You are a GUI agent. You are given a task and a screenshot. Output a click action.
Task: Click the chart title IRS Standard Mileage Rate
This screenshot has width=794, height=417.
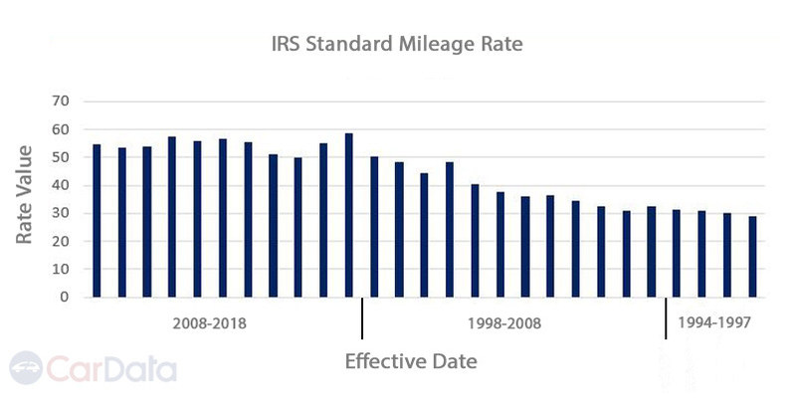[396, 44]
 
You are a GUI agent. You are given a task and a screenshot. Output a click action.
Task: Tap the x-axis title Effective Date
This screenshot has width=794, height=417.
[411, 361]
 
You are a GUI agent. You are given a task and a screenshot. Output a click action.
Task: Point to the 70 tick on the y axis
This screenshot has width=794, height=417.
[63, 102]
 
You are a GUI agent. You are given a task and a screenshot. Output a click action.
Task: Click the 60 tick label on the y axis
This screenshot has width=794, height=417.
[63, 129]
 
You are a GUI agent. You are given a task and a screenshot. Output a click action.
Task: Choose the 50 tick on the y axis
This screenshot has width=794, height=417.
[63, 157]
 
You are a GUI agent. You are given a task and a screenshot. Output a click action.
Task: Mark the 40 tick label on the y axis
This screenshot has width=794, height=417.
[63, 185]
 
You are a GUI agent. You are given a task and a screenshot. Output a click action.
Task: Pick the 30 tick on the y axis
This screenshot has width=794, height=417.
[63, 213]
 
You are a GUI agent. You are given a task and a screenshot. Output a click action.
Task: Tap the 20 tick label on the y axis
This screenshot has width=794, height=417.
[63, 241]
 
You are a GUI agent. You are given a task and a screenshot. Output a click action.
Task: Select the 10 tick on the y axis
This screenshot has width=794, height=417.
[63, 269]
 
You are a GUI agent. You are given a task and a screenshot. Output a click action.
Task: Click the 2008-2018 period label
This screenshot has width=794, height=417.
[209, 323]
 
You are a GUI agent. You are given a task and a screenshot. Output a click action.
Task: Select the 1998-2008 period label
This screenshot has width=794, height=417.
[504, 323]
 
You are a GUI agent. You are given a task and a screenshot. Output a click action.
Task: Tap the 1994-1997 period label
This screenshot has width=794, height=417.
[713, 323]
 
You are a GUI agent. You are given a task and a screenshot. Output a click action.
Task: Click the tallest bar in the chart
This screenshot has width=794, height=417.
[348, 215]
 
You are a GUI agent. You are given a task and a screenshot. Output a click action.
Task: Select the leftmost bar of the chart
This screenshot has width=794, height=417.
[97, 220]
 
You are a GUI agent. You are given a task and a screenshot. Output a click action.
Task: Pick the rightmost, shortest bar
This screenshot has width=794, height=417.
[752, 257]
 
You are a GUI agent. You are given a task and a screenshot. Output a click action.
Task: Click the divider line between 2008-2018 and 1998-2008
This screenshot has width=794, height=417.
[362, 319]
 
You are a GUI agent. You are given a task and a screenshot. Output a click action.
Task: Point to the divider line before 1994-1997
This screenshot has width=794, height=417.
[665, 319]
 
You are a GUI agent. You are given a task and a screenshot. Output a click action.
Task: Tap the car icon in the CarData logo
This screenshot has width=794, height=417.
[27, 367]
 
